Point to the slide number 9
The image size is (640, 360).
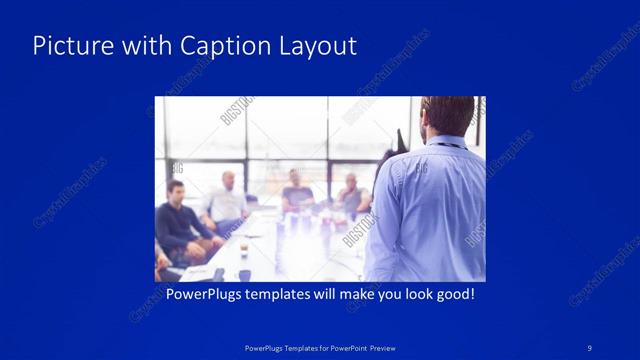click(590, 347)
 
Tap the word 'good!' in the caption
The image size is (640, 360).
click(452, 295)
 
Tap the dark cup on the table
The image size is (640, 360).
click(244, 274)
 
